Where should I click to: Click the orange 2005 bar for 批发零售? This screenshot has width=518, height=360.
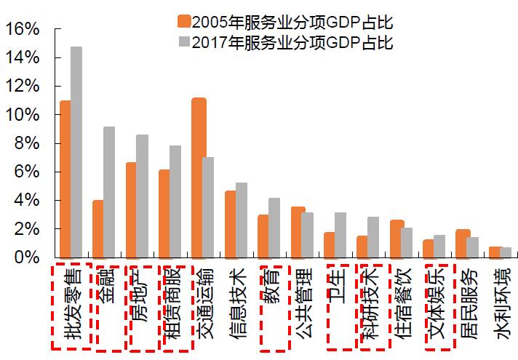(x=65, y=179)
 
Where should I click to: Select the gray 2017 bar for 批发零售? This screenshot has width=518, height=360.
(x=76, y=152)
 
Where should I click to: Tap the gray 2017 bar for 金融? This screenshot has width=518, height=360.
(x=109, y=192)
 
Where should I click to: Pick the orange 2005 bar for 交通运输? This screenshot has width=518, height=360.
(x=197, y=177)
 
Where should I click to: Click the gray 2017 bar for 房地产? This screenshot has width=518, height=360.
(x=142, y=196)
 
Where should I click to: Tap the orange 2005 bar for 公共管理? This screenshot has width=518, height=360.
(x=297, y=232)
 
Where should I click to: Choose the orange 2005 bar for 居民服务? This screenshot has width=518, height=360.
(x=461, y=243)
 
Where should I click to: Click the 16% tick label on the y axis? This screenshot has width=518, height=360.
(x=21, y=29)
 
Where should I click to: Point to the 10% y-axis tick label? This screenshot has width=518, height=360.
(x=21, y=115)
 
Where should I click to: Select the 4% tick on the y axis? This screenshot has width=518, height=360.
(x=25, y=200)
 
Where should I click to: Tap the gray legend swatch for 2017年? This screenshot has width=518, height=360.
(x=183, y=42)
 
